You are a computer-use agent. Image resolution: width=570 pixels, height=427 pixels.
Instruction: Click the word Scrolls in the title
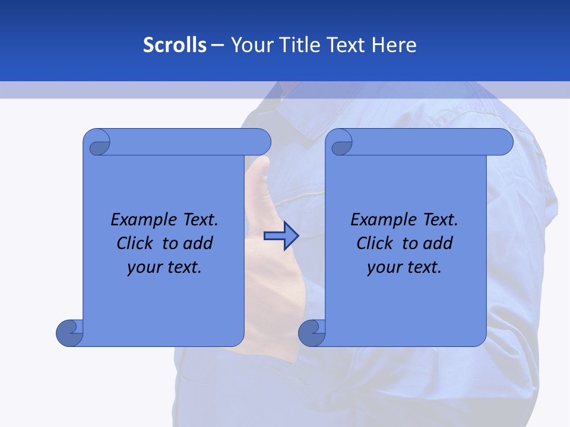175,45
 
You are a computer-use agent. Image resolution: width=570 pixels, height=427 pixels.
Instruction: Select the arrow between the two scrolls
281,236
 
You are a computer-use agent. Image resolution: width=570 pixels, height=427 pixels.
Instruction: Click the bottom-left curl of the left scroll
69,333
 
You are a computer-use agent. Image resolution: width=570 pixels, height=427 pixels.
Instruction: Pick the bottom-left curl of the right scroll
311,333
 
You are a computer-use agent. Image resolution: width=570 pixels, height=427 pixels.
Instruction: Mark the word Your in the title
249,45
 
